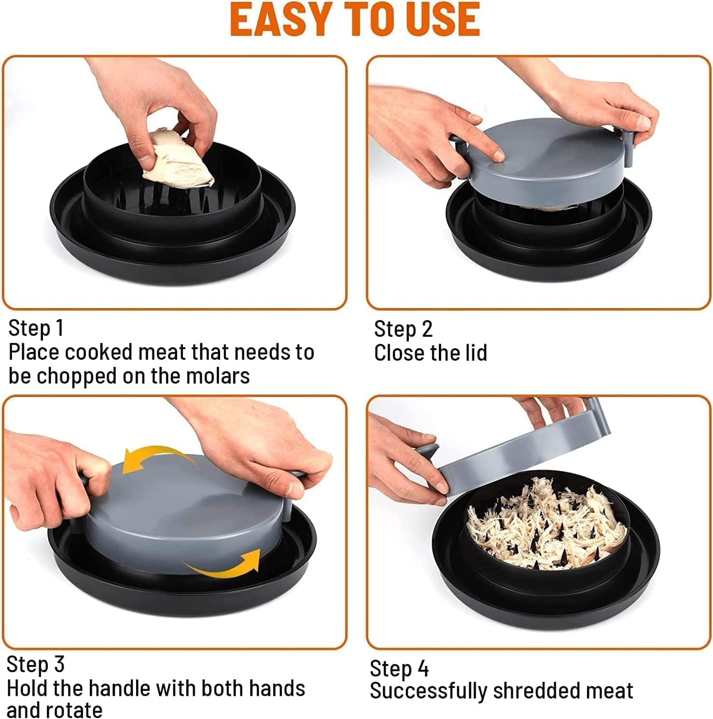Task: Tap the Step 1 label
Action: pos(36,328)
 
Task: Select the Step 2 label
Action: pos(403,329)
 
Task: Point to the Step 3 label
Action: pos(35,664)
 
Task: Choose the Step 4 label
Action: pos(399,669)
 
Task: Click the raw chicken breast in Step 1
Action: pos(179,159)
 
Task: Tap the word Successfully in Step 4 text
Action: pos(429,691)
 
